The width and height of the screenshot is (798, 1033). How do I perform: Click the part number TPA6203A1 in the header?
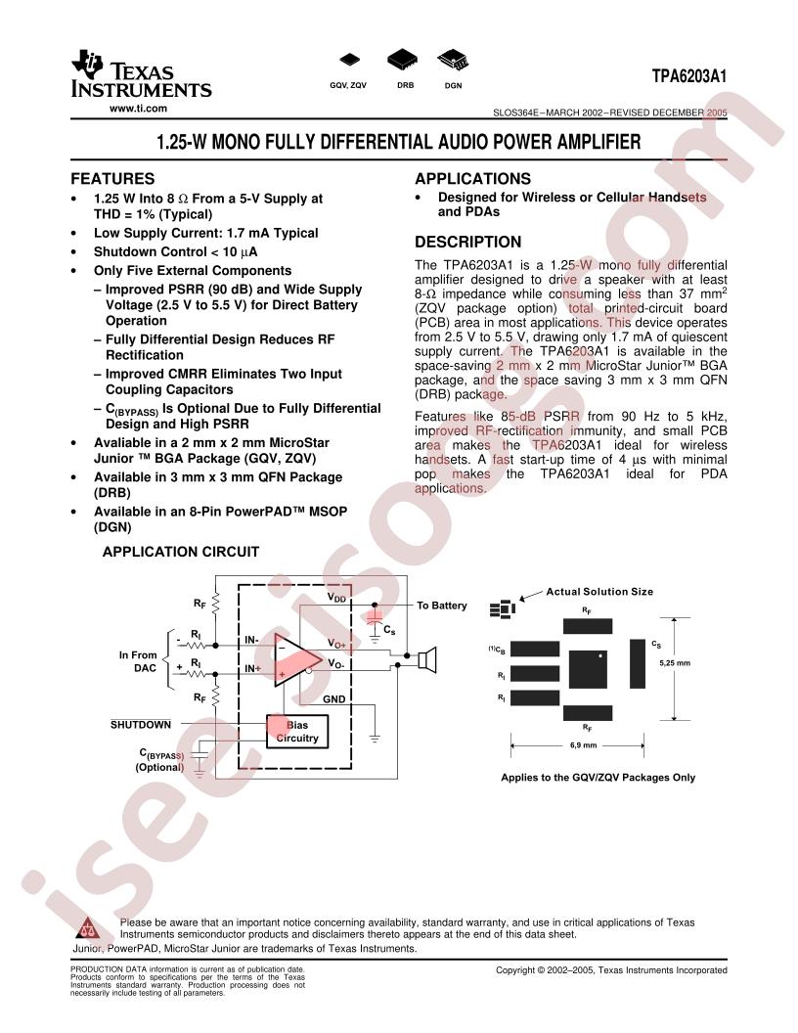689,76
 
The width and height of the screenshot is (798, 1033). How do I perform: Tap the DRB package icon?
402,59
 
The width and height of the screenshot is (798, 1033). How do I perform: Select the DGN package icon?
453,60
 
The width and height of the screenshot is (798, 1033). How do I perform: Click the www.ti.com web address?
138,109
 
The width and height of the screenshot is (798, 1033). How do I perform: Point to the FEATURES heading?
112,179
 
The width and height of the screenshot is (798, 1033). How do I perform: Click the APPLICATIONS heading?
472,179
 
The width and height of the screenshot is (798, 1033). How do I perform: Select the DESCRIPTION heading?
468,242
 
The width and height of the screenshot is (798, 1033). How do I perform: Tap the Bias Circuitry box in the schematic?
297,732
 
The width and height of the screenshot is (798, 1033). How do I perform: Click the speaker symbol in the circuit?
428,659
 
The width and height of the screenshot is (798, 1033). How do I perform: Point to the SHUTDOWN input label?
140,725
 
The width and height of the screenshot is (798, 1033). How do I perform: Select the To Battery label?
442,606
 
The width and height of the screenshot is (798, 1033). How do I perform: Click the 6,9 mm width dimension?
584,745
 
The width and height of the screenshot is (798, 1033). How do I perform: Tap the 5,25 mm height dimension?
675,663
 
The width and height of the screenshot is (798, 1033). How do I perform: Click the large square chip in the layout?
588,669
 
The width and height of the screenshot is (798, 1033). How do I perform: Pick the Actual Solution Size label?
599,592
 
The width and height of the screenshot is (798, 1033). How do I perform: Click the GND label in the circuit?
333,699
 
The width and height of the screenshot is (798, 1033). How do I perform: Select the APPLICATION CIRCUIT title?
180,552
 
